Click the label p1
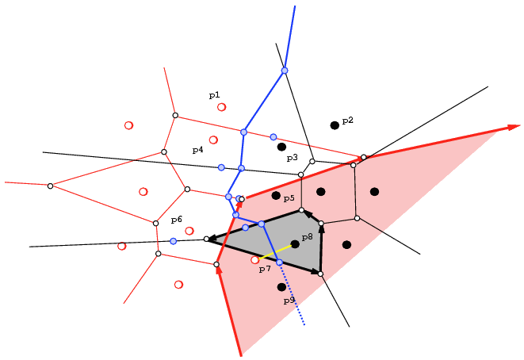(215, 96)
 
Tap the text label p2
(347, 121)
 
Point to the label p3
(292, 158)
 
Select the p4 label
(198, 150)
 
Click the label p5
(289, 198)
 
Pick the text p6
(177, 220)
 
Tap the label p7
(265, 269)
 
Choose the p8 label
(307, 237)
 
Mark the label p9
(289, 301)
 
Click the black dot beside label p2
(335, 125)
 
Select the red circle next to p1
(221, 107)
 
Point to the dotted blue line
(292, 294)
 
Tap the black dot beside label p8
(295, 244)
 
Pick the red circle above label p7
(254, 260)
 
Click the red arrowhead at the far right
(514, 127)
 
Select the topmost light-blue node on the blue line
(285, 71)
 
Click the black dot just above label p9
(281, 287)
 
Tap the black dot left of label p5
(276, 196)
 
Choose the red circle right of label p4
(213, 140)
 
